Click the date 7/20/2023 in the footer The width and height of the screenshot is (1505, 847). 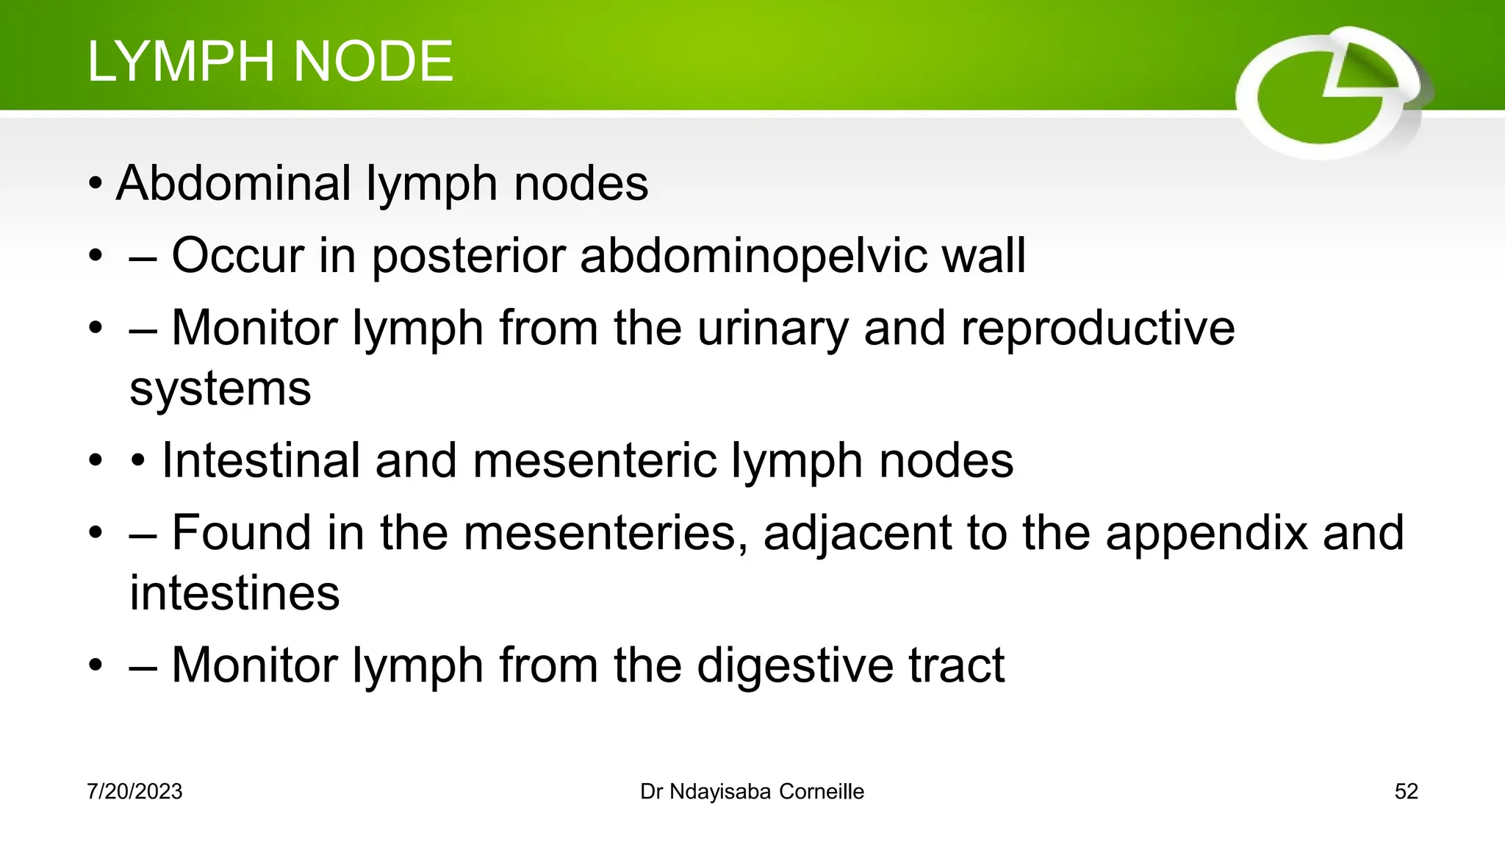pyautogui.click(x=134, y=792)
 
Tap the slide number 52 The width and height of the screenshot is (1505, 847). pyautogui.click(x=1406, y=792)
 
